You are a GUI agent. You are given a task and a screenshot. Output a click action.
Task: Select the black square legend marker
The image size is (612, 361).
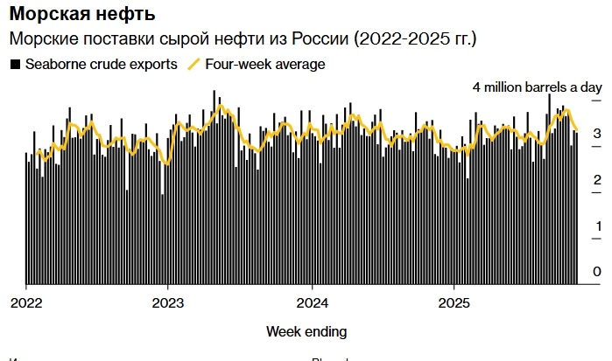14,64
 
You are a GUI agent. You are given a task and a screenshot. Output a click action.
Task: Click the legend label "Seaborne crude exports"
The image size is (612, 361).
101,64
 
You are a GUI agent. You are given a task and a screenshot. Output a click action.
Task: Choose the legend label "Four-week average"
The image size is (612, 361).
264,64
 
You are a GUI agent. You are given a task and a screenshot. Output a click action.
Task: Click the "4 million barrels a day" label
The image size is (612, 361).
538,87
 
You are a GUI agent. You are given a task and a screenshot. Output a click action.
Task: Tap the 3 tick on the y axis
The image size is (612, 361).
596,134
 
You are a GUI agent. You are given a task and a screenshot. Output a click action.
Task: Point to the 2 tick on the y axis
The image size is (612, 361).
596,180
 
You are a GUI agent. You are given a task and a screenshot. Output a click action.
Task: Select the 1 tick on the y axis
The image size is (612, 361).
596,226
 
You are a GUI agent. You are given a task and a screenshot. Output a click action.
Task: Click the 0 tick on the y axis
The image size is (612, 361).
596,273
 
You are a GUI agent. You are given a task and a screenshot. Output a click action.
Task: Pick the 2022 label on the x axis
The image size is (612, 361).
26,303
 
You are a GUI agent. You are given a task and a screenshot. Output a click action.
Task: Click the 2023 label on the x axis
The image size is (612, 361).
168,303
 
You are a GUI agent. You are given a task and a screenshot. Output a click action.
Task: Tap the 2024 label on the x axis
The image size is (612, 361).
312,303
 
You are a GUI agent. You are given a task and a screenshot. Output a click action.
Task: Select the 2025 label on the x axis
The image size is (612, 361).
454,303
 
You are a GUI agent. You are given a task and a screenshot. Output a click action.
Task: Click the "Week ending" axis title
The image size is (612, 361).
306,332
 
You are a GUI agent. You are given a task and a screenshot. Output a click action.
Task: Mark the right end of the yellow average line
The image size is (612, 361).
577,129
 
